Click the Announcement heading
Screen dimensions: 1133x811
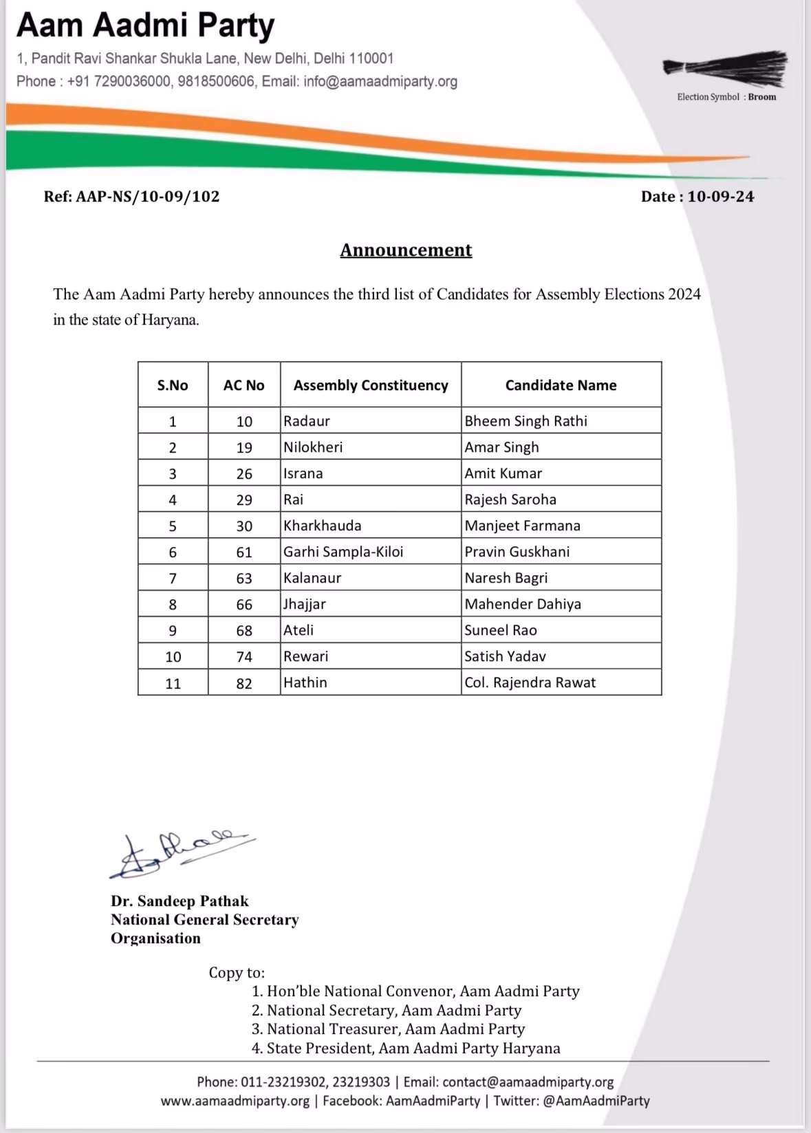[x=406, y=250]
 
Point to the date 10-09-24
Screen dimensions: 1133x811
[x=720, y=197]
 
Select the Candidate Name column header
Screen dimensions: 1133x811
[x=561, y=385]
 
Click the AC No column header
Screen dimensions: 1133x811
[x=244, y=385]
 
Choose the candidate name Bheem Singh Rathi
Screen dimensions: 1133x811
[x=526, y=421]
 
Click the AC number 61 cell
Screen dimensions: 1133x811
[x=244, y=552]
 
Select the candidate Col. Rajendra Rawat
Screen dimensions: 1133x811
[x=530, y=682]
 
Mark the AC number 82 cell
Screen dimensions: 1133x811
[x=244, y=683]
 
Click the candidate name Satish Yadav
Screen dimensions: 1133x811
[x=505, y=656]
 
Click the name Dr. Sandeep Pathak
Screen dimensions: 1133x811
[x=180, y=901]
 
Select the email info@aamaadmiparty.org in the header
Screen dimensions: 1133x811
[x=380, y=81]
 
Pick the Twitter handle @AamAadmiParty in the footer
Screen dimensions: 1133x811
[x=596, y=1101]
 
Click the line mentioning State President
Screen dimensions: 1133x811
[x=413, y=1048]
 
